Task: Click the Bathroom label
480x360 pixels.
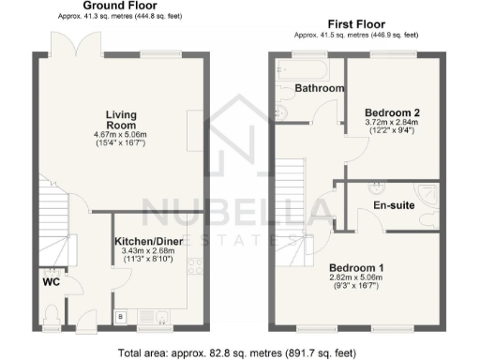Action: (x=320, y=88)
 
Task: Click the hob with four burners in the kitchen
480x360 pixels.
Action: (x=196, y=264)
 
